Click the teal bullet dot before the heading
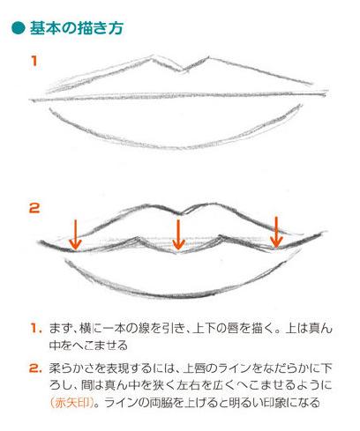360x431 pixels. pos(19,28)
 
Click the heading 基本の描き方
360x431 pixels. pos(76,28)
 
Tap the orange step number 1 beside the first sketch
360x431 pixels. pos(34,61)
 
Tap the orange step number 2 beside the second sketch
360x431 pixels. pos(34,208)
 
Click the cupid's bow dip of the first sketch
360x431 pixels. pos(183,71)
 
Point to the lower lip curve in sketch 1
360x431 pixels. pos(176,146)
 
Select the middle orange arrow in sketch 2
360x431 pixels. pos(178,234)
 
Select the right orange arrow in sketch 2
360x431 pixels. pos(276,232)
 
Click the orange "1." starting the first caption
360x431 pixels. pos(35,328)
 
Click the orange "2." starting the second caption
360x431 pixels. pos(35,368)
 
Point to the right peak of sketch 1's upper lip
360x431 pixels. pos(209,57)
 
